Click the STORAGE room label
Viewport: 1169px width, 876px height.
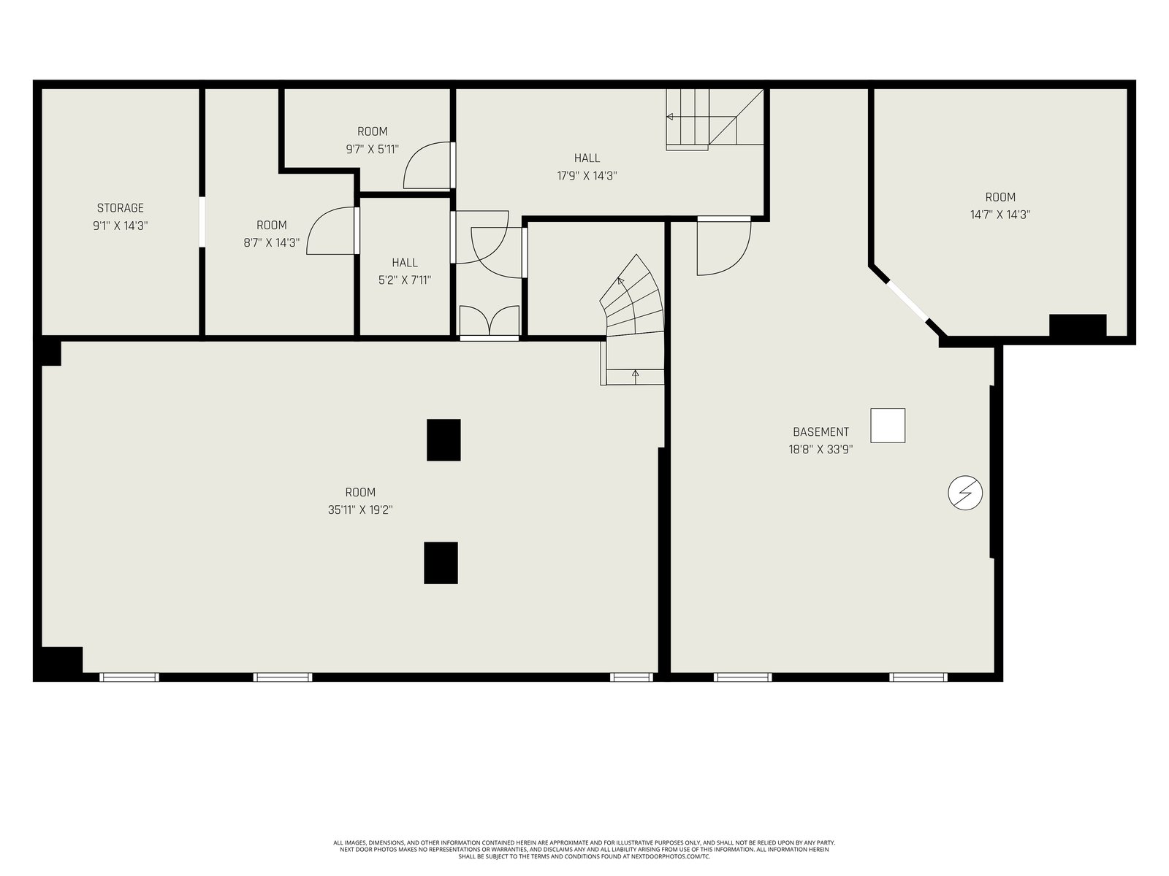click(x=121, y=208)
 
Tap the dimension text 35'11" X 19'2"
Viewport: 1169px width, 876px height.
click(x=360, y=510)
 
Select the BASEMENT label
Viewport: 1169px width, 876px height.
click(x=820, y=432)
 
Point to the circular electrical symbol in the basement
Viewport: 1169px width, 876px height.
click(x=965, y=493)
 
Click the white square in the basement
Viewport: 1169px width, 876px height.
click(x=888, y=426)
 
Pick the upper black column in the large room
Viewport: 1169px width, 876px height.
click(x=443, y=440)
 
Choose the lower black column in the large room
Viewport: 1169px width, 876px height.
click(x=441, y=563)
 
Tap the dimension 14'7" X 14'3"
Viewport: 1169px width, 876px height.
click(x=1000, y=215)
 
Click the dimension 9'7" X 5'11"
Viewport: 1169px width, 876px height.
click(x=373, y=150)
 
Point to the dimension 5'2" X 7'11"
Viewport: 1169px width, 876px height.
click(x=405, y=280)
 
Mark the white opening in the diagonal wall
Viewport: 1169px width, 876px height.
click(x=907, y=301)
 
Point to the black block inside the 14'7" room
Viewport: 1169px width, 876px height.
click(x=1078, y=325)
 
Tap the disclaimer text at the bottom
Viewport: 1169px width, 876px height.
click(x=584, y=850)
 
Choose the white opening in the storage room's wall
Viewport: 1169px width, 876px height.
click(x=202, y=222)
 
